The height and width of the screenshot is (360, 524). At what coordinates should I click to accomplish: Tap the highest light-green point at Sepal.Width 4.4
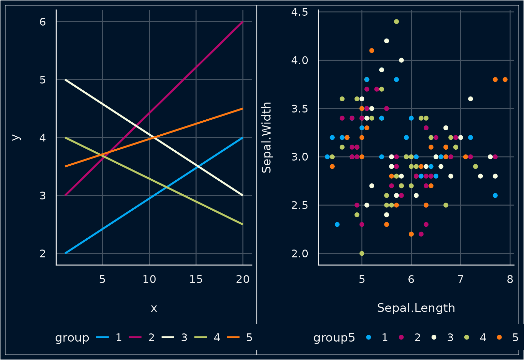pyautogui.click(x=396, y=21)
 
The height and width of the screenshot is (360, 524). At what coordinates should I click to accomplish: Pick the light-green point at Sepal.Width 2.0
pyautogui.click(x=362, y=253)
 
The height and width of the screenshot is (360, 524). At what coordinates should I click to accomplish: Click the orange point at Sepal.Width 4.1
pyautogui.click(x=372, y=50)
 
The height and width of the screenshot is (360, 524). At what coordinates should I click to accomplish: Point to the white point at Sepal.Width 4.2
pyautogui.click(x=387, y=41)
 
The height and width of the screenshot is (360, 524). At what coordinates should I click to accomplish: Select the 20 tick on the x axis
pyautogui.click(x=243, y=280)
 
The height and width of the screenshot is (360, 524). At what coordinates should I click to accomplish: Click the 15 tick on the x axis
pyautogui.click(x=196, y=280)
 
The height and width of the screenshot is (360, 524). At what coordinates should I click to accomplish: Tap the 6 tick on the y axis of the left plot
pyautogui.click(x=43, y=22)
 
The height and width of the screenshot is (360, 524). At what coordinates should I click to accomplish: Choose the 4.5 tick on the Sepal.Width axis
pyautogui.click(x=300, y=12)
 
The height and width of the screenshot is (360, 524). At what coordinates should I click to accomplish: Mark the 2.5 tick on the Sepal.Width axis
pyautogui.click(x=300, y=205)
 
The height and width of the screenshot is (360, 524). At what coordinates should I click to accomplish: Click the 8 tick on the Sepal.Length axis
pyautogui.click(x=510, y=280)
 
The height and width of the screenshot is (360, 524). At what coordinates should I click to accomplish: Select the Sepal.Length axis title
pyautogui.click(x=416, y=308)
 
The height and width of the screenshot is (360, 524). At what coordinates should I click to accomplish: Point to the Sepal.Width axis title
pyautogui.click(x=266, y=137)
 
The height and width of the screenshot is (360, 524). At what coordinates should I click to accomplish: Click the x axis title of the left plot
pyautogui.click(x=154, y=308)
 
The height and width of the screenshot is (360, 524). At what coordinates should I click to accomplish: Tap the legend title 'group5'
pyautogui.click(x=334, y=337)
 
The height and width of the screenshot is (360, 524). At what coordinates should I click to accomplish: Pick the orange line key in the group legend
pyautogui.click(x=234, y=337)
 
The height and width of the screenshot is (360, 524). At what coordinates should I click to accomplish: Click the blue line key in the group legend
pyautogui.click(x=103, y=337)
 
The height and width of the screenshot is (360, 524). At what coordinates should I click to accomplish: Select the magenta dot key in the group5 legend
pyautogui.click(x=401, y=337)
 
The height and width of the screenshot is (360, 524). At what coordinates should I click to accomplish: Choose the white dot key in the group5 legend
pyautogui.click(x=434, y=337)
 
